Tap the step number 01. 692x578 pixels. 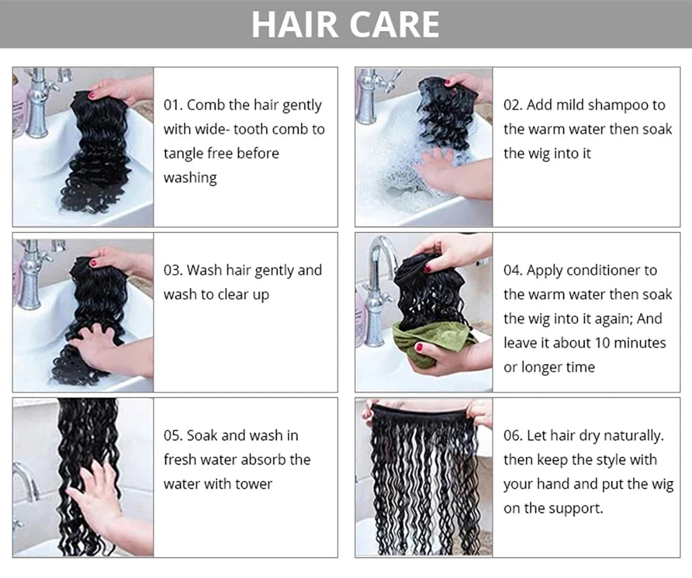pos(172,105)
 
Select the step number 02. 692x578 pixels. pos(513,105)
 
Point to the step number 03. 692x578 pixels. pos(172,270)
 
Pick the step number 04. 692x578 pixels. pos(513,270)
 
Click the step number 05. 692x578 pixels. pos(172,436)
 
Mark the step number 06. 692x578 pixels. pos(513,436)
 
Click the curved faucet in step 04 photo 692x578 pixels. pos(379,287)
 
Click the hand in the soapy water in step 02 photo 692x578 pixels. pos(450,172)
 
